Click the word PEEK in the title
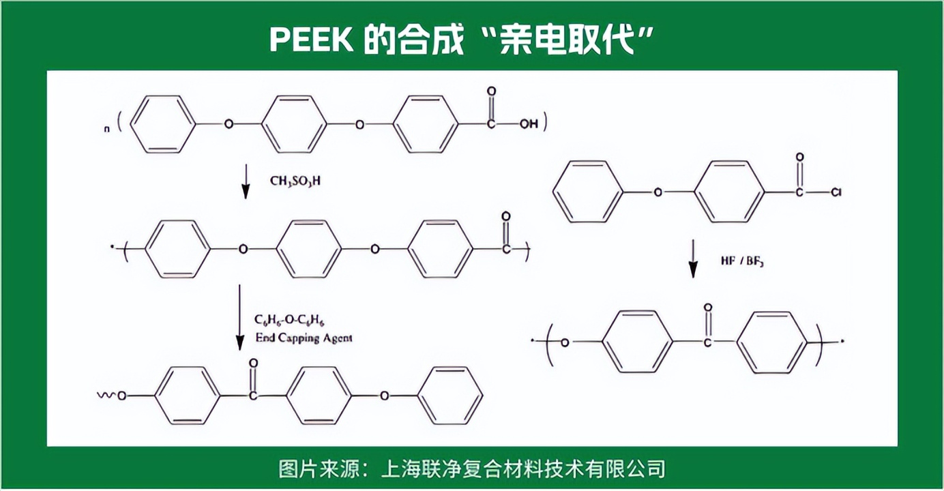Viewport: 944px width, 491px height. (x=312, y=40)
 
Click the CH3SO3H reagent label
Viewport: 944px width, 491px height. (x=295, y=181)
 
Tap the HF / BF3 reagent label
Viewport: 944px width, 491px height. (x=742, y=261)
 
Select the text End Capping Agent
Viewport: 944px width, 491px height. (x=304, y=338)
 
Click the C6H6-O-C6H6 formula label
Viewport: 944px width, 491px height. (x=289, y=321)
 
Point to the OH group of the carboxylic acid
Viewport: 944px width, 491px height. (x=529, y=124)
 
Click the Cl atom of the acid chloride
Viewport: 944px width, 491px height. (x=836, y=192)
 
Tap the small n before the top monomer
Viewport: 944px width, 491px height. (x=106, y=129)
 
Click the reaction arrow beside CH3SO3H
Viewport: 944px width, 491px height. (x=246, y=181)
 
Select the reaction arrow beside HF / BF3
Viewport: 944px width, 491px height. (x=693, y=259)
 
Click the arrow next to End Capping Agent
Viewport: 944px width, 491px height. (x=240, y=317)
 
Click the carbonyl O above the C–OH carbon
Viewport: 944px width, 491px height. (x=491, y=91)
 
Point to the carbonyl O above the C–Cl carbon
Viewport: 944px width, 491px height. (x=800, y=158)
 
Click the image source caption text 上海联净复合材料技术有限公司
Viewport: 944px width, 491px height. (x=523, y=468)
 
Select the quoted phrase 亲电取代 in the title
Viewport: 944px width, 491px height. (x=567, y=40)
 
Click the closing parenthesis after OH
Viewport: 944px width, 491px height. (x=545, y=122)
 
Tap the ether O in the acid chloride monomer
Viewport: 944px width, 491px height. (x=658, y=192)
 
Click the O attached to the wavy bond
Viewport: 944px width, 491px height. (x=122, y=396)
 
